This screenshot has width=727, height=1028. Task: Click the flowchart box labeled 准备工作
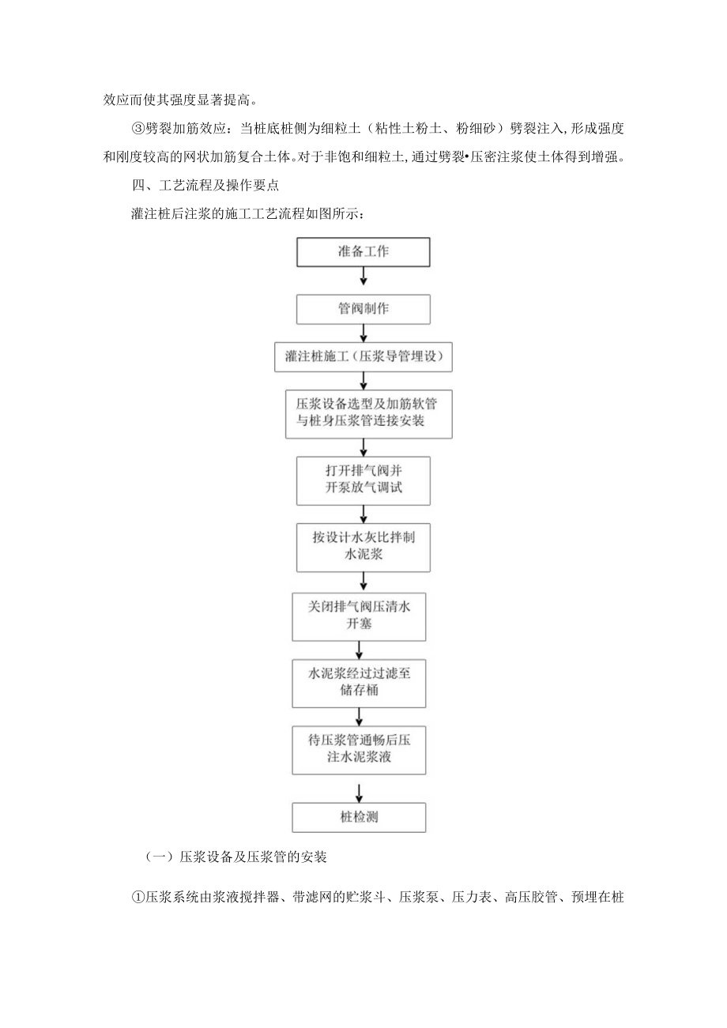(x=363, y=252)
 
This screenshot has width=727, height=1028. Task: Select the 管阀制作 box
(x=363, y=309)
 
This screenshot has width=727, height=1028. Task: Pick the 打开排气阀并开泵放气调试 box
(x=363, y=480)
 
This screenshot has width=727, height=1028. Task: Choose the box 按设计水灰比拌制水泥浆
(x=363, y=547)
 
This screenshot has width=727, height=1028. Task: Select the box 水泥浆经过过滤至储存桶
(x=358, y=683)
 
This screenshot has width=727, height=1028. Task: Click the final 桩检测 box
(x=358, y=817)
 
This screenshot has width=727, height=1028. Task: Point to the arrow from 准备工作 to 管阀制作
(x=363, y=275)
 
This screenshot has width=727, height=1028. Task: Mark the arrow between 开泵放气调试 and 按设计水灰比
(x=363, y=514)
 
